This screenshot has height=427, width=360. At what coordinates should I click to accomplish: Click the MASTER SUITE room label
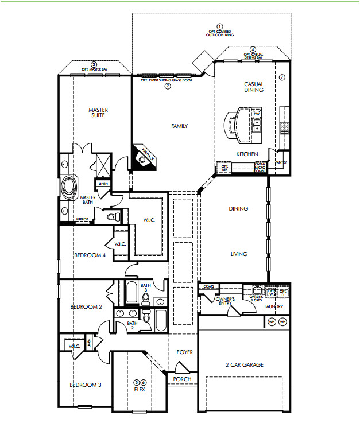(98, 113)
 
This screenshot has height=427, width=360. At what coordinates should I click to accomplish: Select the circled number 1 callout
(219, 26)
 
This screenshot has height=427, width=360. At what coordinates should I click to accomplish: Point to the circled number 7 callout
(281, 77)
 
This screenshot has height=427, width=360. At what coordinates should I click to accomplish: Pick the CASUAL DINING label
(253, 87)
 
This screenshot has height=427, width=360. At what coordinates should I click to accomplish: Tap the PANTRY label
(280, 162)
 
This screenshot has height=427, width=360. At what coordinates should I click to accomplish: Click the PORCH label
(182, 379)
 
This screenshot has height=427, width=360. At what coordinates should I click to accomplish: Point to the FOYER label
(184, 352)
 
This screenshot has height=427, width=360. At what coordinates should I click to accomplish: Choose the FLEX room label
(140, 389)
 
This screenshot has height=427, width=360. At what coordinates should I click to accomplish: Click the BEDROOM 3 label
(86, 385)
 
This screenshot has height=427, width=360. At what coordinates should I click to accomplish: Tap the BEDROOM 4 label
(90, 255)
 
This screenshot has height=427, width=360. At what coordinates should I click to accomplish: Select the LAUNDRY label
(274, 306)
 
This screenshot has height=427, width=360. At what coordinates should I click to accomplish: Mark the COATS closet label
(208, 286)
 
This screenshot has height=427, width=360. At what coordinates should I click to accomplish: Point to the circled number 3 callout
(94, 64)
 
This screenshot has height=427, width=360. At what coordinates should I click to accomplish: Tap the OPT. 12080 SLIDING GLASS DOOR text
(167, 80)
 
